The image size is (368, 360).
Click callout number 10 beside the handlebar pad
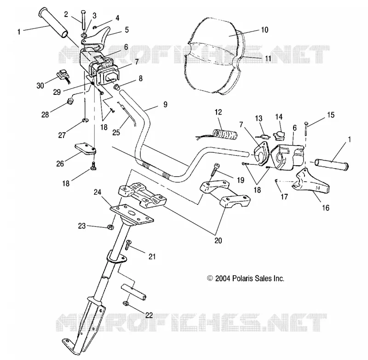pos(264,30)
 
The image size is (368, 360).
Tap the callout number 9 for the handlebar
pos(165,105)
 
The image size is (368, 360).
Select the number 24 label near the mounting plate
pos(98,192)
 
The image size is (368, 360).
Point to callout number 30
pos(40,86)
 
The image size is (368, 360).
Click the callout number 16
pos(326,208)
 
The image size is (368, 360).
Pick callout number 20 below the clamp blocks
pos(218,240)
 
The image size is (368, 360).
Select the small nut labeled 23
pos(109,227)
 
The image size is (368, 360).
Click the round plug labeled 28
pos(70,101)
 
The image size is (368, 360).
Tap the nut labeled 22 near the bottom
pos(125,303)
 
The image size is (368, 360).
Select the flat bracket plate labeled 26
pos(86,149)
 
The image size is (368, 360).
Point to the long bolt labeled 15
pos(306,129)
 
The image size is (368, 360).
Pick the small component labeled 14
pos(279,135)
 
